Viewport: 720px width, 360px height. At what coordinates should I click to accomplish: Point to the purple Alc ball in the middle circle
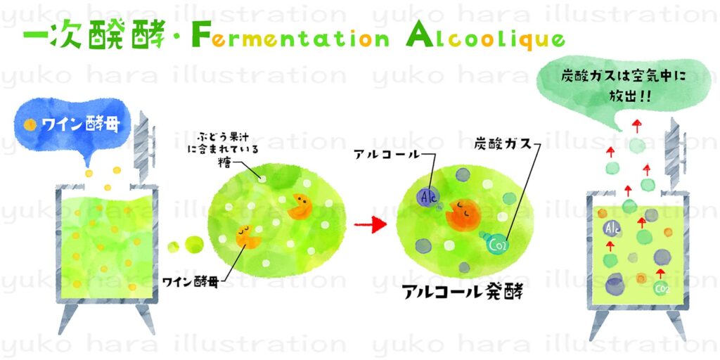coord(427,197)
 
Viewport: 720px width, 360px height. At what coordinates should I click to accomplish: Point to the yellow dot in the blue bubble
coord(30,126)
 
